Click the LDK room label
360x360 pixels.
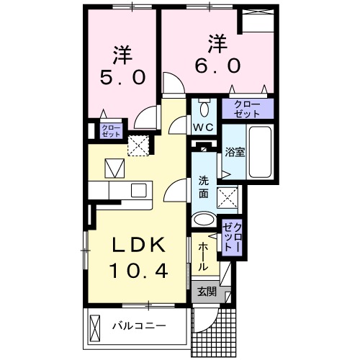click(139, 246)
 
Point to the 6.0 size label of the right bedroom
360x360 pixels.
click(214, 64)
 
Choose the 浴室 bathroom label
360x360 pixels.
click(235, 153)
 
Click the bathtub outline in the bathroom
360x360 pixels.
click(260, 154)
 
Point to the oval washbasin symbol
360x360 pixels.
click(204, 220)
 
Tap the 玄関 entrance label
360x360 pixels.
click(207, 292)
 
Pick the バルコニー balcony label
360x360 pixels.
click(138, 326)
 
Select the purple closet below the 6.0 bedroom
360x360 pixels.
click(248, 109)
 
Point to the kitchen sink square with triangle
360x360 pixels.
click(114, 169)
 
